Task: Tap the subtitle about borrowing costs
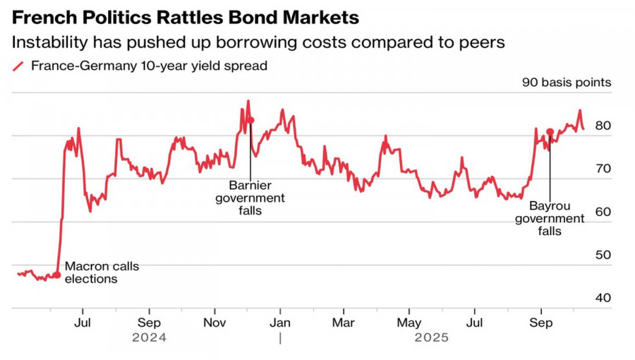pos(258,42)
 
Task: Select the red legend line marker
pos(19,66)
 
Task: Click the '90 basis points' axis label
pos(567,83)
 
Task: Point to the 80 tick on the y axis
pos(603,126)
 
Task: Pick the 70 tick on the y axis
pos(603,169)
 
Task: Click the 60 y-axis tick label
pos(603,212)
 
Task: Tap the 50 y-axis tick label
pos(603,255)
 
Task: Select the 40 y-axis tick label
pos(603,298)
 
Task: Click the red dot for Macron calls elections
pos(57,274)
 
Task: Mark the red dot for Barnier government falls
pos(250,121)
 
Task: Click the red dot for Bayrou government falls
pos(550,132)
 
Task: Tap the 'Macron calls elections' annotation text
pos(102,272)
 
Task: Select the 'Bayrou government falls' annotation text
pos(550,219)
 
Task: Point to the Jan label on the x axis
pos(281,323)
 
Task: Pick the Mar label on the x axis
pos(344,323)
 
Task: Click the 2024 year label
pos(149,338)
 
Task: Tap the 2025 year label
pos(431,338)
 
